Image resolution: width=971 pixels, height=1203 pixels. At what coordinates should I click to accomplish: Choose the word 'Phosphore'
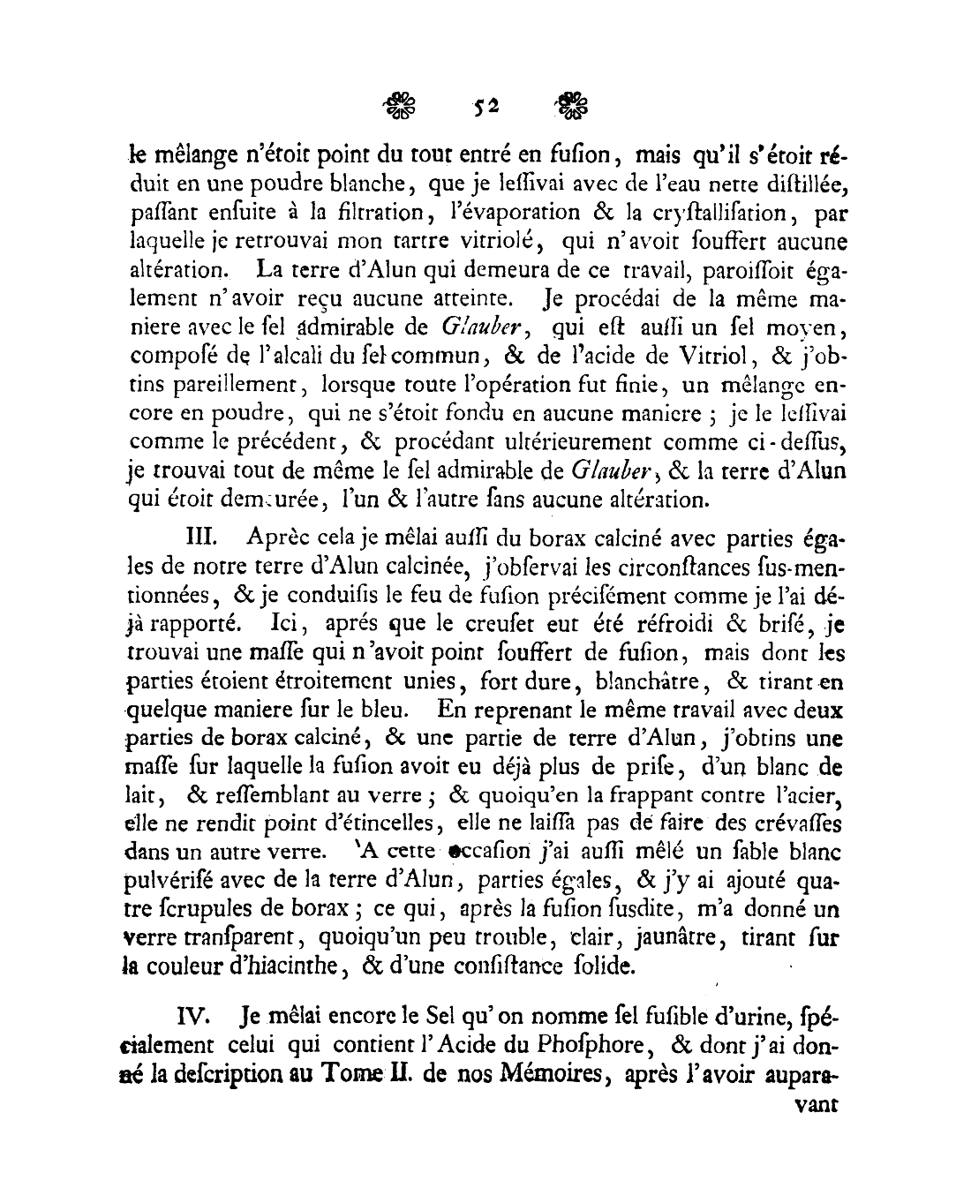[583, 1045]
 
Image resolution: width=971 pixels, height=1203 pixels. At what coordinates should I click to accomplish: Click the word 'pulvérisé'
[177, 880]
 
